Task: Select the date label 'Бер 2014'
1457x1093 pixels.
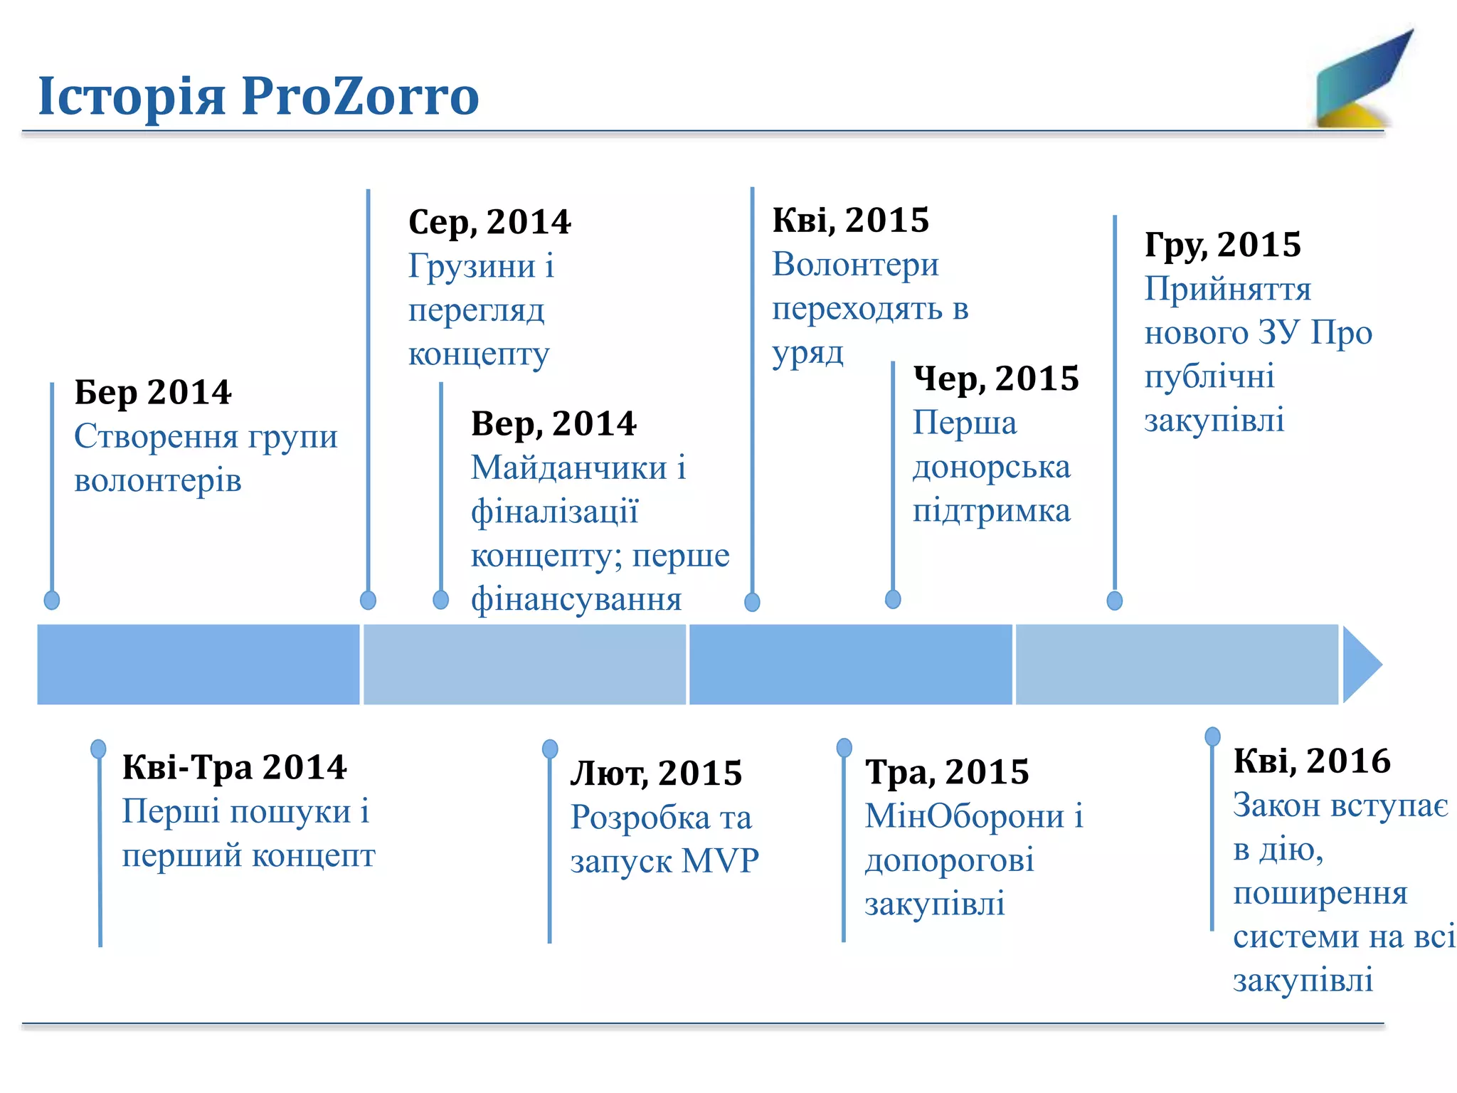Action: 153,392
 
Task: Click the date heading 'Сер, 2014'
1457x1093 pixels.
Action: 489,222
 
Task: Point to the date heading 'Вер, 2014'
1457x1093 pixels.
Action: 553,424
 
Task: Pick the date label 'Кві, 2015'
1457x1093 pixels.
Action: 851,220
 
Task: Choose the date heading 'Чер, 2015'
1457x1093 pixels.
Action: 996,379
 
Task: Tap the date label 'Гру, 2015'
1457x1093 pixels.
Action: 1222,245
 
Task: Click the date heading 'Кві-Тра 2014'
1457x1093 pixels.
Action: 234,767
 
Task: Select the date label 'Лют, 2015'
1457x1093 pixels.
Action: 656,773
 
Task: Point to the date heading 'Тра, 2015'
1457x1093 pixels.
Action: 947,772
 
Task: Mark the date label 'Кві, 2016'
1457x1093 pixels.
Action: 1311,761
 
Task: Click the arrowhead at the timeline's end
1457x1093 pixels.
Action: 1361,665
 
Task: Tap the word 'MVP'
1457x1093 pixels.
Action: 720,861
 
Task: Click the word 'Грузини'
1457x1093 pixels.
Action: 472,266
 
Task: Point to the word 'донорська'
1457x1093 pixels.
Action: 991,468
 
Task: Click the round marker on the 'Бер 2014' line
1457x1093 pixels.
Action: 52,600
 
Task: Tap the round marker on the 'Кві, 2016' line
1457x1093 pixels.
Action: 1212,736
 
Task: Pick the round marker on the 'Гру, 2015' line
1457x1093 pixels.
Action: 1115,601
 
